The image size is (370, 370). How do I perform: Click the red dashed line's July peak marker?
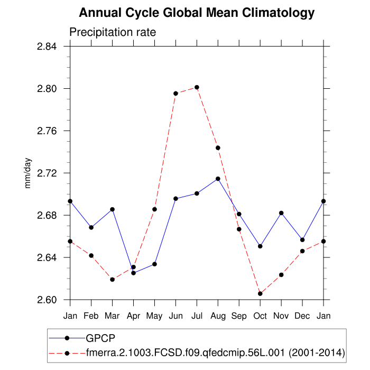tap(197, 87)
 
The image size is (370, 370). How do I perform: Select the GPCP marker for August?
tap(218, 179)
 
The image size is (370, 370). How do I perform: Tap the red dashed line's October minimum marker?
tap(260, 293)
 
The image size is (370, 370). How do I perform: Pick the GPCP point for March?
tap(112, 209)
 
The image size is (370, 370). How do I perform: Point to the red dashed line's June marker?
tap(175, 94)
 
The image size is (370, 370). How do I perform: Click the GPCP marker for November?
tap(281, 213)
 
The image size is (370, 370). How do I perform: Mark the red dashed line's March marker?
tap(112, 279)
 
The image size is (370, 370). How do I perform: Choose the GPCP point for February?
tap(91, 227)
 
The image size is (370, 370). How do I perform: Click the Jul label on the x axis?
tap(197, 316)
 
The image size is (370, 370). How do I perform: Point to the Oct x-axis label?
tap(260, 316)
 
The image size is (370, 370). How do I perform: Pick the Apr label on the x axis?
tap(133, 316)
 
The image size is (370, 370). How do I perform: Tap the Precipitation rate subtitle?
tap(113, 32)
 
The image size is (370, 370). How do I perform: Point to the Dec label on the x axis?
tap(302, 316)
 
